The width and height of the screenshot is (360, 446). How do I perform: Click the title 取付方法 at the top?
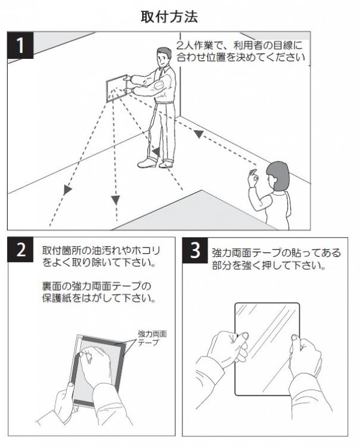(169, 17)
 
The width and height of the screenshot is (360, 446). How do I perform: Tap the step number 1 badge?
(20, 45)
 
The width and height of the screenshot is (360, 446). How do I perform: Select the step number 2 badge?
(20, 250)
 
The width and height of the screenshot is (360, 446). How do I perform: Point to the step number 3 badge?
(195, 250)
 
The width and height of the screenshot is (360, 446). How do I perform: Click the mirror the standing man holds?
(116, 88)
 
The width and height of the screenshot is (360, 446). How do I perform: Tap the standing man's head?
(164, 57)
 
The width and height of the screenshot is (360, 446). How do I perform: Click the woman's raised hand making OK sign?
(253, 178)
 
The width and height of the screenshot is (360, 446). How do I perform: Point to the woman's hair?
(278, 175)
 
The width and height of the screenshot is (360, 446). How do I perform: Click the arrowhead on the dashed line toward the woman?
(199, 134)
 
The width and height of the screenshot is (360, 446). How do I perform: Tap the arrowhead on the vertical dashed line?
(115, 200)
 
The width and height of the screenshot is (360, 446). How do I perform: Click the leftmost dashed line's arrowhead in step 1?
(67, 190)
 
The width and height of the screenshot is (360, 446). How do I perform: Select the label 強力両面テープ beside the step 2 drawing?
(152, 338)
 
